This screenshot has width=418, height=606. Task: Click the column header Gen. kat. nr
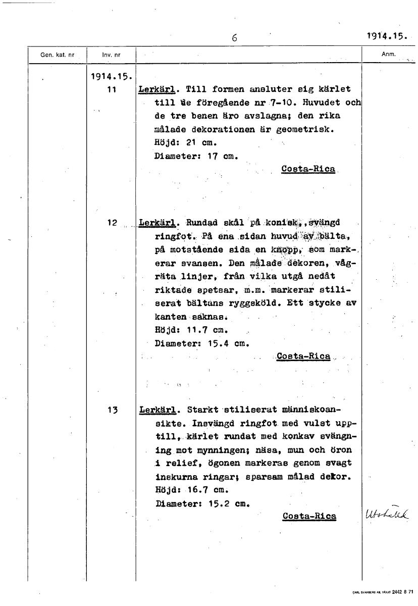click(57, 55)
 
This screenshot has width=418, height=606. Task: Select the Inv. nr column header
click(111, 55)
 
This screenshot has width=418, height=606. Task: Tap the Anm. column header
click(389, 54)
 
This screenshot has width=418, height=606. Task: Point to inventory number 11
click(112, 89)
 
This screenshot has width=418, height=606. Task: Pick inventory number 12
click(112, 222)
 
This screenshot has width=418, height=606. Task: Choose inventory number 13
click(112, 410)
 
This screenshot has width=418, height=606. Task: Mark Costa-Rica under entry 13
click(309, 516)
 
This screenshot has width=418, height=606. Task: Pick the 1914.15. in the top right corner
click(387, 36)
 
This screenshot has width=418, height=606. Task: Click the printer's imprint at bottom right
click(383, 591)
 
